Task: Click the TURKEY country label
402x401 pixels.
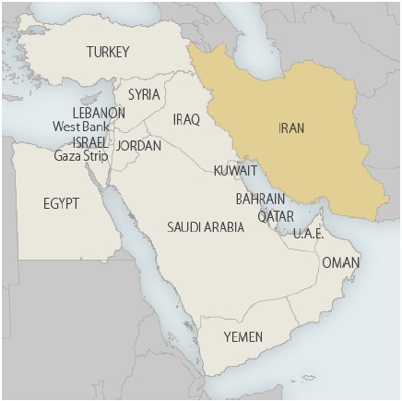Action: point(108,52)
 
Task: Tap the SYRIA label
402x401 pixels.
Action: point(144,94)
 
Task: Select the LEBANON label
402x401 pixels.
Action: point(99,113)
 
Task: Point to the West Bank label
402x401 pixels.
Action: point(81,127)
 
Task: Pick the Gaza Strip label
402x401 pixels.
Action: point(80,155)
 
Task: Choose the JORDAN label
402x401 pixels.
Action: point(138,146)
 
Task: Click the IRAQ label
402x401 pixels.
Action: point(186,119)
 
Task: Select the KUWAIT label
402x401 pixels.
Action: point(235,171)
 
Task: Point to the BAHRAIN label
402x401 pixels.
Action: point(259,199)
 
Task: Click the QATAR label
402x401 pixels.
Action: point(276,216)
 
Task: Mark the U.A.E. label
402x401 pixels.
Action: point(308,234)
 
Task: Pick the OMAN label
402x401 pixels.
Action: point(341,263)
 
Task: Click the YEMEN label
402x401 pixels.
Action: point(243,337)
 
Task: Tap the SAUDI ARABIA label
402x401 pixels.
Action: point(206,226)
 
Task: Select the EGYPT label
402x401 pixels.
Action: point(61,203)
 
